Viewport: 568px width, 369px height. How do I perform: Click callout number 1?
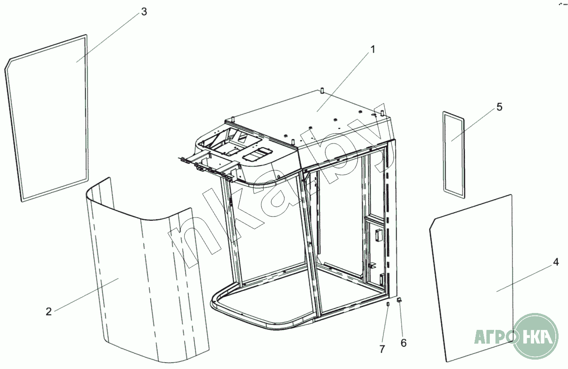point(373,49)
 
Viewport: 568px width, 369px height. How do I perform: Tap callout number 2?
point(49,312)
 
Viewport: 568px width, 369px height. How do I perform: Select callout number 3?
point(144,12)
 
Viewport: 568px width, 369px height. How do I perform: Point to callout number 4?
point(556,262)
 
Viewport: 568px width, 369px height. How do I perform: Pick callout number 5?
point(499,107)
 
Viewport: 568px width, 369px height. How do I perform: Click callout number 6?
point(404,343)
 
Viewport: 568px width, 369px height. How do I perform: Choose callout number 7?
point(382,349)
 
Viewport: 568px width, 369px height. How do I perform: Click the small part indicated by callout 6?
point(399,300)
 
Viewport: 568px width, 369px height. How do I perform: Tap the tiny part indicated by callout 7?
point(388,304)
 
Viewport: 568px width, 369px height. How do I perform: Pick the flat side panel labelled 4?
point(471,279)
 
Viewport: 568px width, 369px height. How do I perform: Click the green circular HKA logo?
point(536,336)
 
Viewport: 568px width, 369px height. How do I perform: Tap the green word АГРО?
point(494,337)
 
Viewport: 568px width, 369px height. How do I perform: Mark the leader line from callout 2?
point(86,295)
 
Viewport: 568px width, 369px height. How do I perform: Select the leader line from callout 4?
point(524,278)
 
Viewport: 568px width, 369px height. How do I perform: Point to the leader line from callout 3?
point(108,37)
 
